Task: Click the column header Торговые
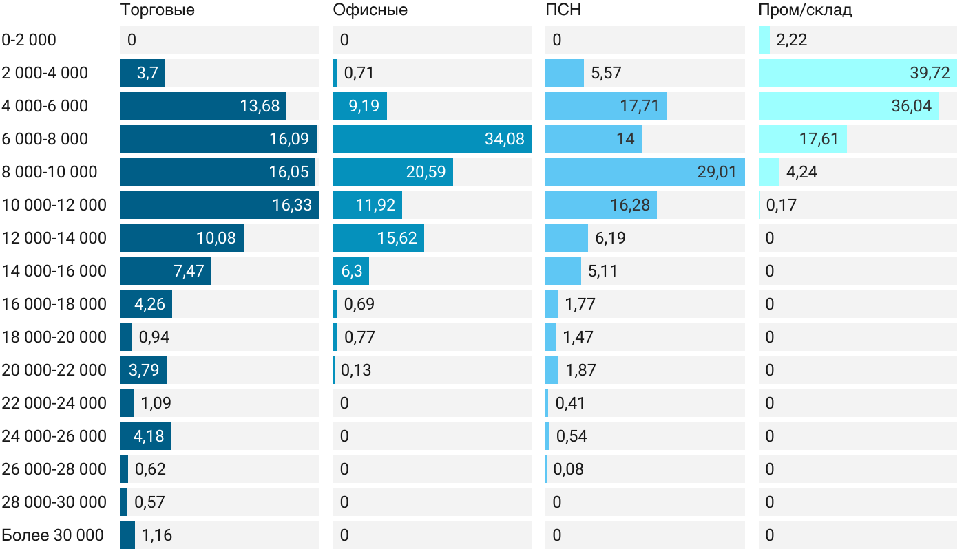(x=157, y=10)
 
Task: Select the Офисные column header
(x=370, y=10)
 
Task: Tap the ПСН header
(x=563, y=10)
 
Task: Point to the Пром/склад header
(x=805, y=10)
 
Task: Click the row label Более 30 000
(x=53, y=535)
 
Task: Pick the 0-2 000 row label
(x=29, y=40)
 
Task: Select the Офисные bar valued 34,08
(x=432, y=139)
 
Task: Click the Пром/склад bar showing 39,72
(x=857, y=73)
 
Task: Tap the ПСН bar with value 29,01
(x=645, y=172)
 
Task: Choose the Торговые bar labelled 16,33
(x=219, y=205)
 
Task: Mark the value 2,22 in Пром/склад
(x=791, y=40)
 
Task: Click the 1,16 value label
(x=157, y=535)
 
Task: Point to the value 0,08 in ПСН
(x=569, y=469)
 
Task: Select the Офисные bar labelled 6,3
(x=351, y=271)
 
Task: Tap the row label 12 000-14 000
(x=54, y=238)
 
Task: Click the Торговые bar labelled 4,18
(x=145, y=436)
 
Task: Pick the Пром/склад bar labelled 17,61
(x=802, y=139)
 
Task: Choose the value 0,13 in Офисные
(x=356, y=370)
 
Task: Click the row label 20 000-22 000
(x=54, y=370)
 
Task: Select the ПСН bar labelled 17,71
(x=605, y=106)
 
